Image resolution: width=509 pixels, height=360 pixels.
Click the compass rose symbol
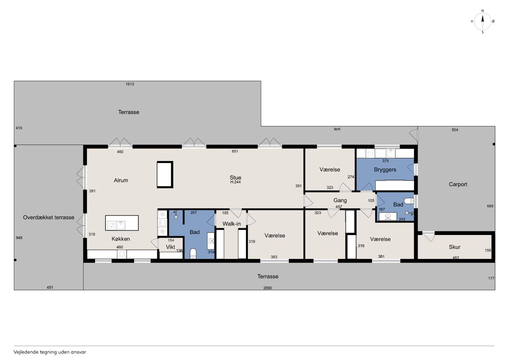pos(482,21)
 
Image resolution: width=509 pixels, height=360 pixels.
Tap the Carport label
pos(458,184)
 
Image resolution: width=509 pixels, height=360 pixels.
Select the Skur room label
pos(455,247)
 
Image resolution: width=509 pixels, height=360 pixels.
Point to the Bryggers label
pos(385,170)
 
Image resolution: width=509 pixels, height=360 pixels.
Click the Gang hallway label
pos(340,200)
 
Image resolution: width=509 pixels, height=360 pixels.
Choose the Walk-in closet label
pos(231,224)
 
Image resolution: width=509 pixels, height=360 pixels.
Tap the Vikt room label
pos(171,247)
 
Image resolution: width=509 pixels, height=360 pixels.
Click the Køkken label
pos(120,239)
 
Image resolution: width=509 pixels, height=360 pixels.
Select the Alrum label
pos(121,180)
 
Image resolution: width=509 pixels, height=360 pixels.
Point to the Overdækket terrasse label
pos(49,218)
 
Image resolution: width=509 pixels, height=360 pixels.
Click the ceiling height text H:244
pos(235,182)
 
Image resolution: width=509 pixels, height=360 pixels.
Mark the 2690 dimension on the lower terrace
pos(268,288)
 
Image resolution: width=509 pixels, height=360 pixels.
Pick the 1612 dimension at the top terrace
pos(130,84)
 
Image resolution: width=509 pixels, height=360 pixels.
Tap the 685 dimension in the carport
pos(490,206)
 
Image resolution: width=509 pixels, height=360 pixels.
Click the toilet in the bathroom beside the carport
pos(409,201)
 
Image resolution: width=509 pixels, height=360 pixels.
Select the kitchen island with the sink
pos(122,223)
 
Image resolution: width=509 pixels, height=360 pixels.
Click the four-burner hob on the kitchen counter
pos(122,254)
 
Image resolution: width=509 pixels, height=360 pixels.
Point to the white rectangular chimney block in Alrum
pos(165,175)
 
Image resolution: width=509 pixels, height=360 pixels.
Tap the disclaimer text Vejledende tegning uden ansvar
pos(50,352)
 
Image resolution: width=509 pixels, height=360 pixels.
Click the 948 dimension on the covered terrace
pos(19,238)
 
